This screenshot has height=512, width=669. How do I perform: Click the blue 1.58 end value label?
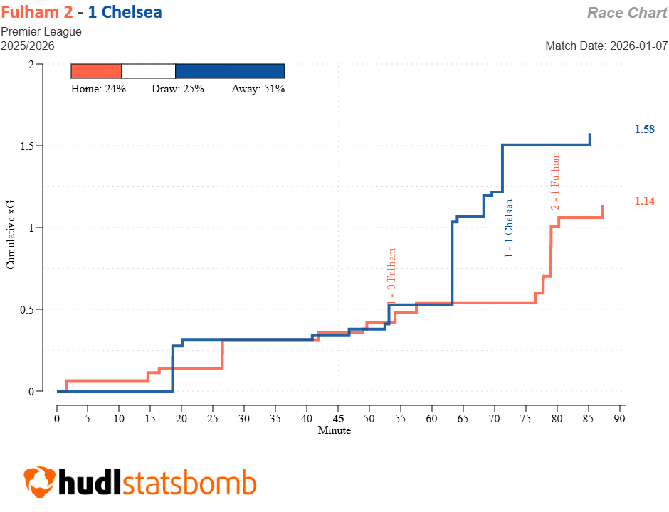(x=644, y=129)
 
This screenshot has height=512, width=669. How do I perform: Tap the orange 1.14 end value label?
(x=644, y=201)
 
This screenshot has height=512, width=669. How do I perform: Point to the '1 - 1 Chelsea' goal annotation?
(x=509, y=228)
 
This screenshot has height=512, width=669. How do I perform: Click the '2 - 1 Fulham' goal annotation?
(x=555, y=181)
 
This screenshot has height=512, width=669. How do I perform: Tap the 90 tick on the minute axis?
(x=619, y=419)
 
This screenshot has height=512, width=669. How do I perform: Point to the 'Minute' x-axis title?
(x=334, y=430)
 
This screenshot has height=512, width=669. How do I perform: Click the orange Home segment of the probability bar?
(x=97, y=71)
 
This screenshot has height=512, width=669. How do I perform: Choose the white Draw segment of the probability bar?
(x=149, y=71)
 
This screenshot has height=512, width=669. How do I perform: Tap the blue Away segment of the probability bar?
(x=230, y=71)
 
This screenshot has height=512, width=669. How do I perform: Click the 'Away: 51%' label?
(x=258, y=89)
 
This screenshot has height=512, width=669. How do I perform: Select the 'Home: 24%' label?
(x=98, y=89)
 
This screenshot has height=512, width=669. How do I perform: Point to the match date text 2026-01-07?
(x=639, y=46)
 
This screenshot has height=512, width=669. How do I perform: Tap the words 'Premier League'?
(x=41, y=31)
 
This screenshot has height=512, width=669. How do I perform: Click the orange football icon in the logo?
(x=39, y=483)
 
